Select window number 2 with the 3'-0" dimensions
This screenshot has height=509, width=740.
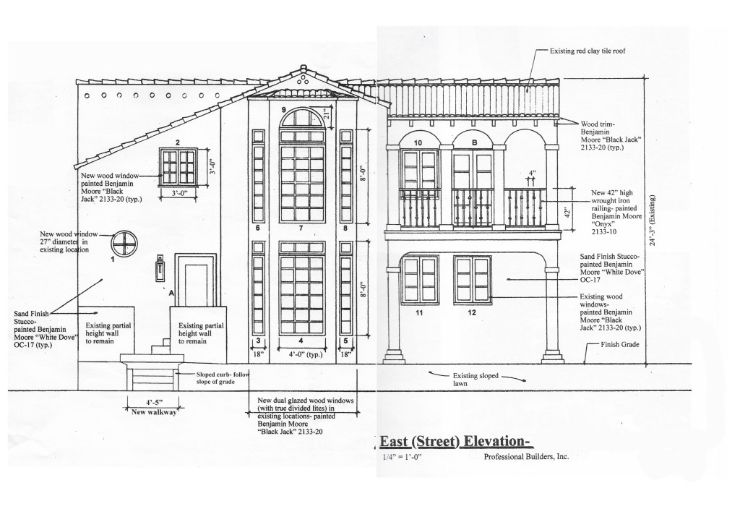178,166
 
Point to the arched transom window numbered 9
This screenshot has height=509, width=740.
302,119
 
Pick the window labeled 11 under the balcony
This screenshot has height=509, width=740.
420,280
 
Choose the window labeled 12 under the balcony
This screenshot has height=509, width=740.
473,280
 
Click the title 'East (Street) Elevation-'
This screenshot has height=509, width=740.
457,442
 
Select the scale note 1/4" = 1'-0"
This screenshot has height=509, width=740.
402,457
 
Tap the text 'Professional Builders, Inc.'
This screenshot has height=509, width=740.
526,457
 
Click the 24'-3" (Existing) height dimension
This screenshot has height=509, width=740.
653,221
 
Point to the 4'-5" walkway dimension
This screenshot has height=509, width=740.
154,402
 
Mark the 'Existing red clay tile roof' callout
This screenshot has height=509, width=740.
587,51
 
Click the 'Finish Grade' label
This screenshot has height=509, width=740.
619,345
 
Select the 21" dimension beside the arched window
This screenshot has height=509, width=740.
327,114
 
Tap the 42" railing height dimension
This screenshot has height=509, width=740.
568,212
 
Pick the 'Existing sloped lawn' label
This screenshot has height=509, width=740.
476,380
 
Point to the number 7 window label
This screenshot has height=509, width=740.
301,228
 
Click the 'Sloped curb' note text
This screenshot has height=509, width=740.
223,377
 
